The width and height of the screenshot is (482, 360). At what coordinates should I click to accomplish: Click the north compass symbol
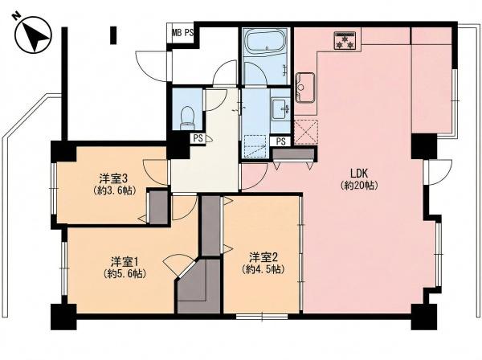[33, 35]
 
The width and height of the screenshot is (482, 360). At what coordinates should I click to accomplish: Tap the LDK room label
[359, 174]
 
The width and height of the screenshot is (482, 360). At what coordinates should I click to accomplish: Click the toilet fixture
[187, 118]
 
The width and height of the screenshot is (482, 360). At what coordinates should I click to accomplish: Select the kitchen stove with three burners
[345, 40]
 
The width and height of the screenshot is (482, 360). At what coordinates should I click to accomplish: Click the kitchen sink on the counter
[305, 88]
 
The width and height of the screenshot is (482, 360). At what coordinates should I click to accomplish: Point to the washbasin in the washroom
[280, 108]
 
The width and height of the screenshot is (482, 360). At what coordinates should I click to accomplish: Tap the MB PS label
[182, 33]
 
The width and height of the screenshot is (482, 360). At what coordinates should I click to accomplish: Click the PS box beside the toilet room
[198, 138]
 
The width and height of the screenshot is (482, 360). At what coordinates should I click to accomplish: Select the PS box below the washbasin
[280, 141]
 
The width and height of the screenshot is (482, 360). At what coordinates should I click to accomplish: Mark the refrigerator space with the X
[306, 133]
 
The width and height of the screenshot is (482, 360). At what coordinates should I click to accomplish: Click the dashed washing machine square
[255, 145]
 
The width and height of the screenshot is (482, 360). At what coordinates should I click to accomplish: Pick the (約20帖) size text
[359, 186]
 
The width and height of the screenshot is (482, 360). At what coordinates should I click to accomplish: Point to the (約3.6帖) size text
[114, 190]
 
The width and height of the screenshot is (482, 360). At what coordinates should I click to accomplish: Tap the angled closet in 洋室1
[199, 287]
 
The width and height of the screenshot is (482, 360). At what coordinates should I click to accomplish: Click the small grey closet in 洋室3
[159, 207]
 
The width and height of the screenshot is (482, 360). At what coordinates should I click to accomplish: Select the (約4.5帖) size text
[263, 270]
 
